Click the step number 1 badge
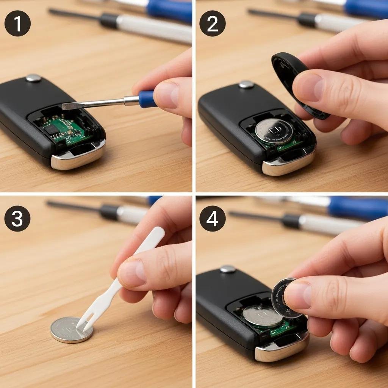point(17,23)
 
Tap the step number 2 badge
point(213,23)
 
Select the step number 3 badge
point(17,219)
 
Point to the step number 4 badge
point(213,219)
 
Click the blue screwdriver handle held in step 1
point(147,99)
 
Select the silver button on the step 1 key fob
point(33,78)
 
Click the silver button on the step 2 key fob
point(246,84)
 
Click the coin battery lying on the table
point(71,330)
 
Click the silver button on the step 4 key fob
point(228,269)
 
